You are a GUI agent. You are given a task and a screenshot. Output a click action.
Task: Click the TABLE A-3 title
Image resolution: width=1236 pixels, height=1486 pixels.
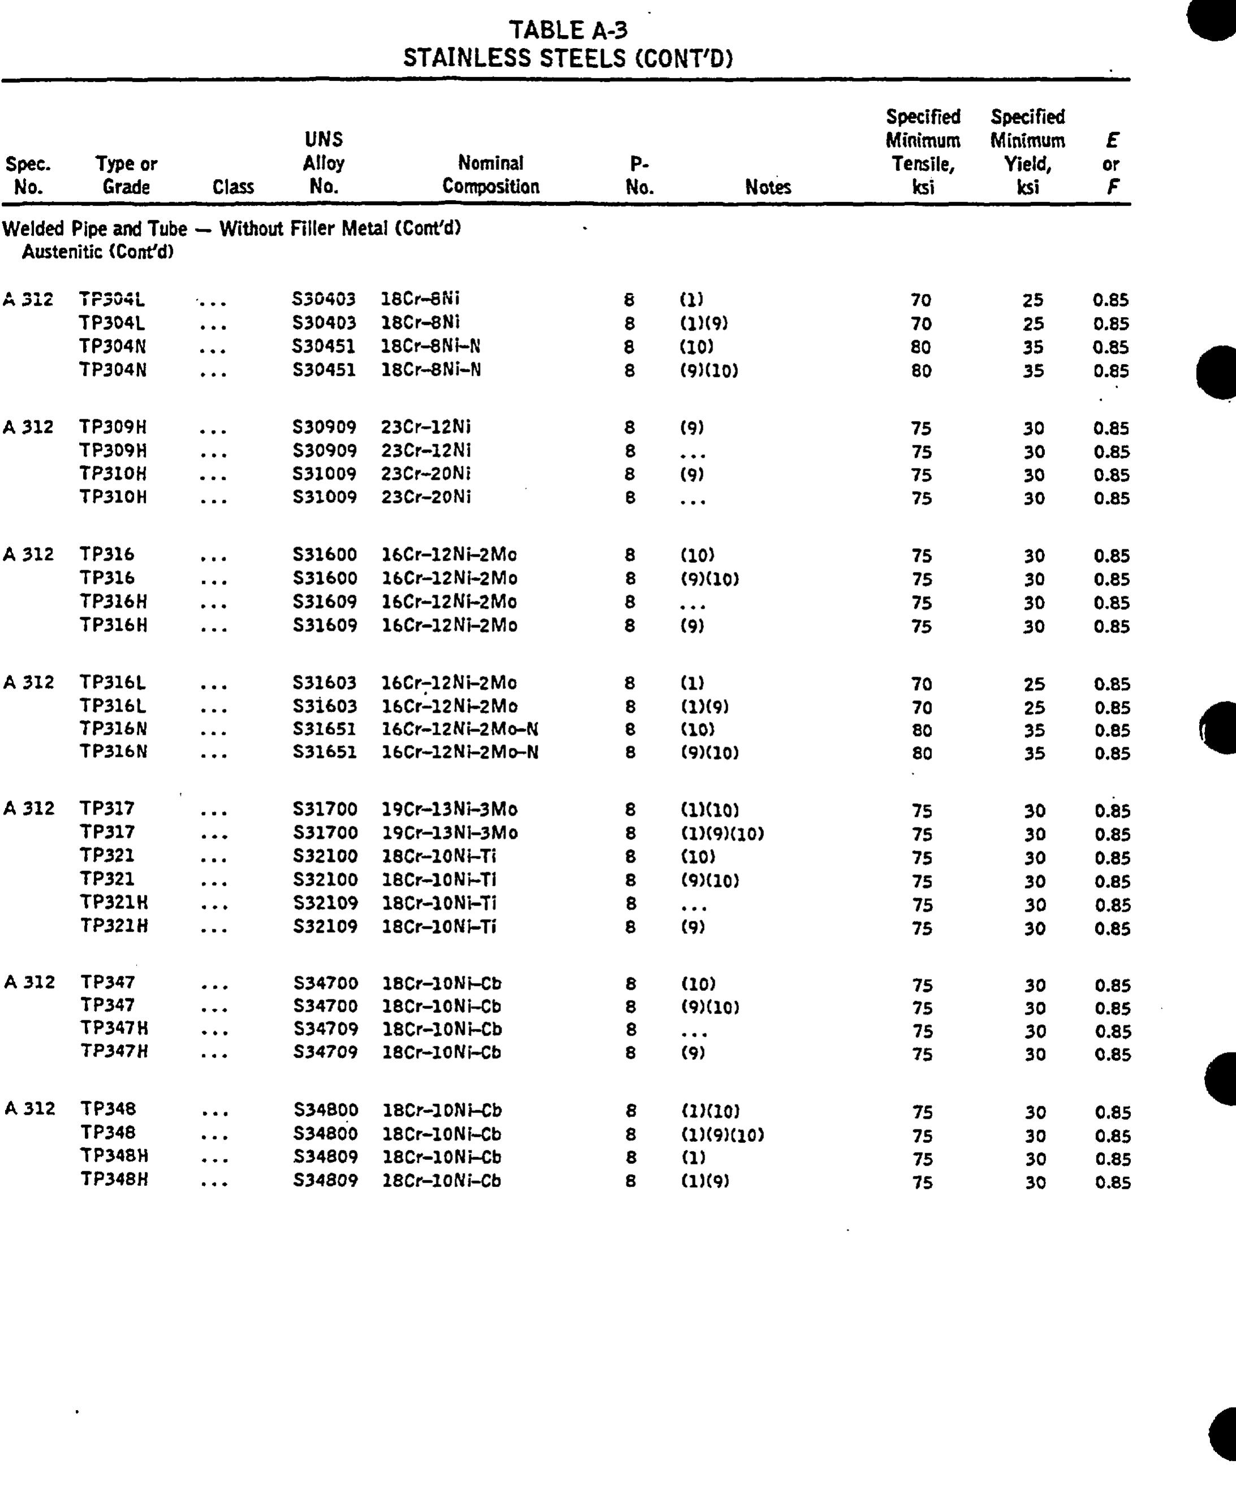coord(568,31)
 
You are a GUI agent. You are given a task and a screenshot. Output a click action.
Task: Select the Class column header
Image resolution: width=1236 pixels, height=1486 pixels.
coord(233,187)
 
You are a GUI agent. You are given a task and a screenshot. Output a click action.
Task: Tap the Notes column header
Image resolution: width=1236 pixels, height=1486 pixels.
coord(768,187)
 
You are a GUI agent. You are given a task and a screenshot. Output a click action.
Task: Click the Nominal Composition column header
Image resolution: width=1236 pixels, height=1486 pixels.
coord(491,175)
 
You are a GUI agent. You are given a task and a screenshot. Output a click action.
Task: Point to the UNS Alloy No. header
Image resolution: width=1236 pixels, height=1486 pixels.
coord(323,163)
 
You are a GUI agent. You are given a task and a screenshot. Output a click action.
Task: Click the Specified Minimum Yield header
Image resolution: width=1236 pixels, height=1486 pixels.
coord(1028,151)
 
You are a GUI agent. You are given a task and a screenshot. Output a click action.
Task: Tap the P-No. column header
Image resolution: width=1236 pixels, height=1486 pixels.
coord(640,175)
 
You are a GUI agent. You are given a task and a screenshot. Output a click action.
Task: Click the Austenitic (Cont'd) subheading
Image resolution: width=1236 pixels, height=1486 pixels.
coord(98,252)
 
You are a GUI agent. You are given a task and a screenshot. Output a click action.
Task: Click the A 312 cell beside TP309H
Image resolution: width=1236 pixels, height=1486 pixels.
coord(28,427)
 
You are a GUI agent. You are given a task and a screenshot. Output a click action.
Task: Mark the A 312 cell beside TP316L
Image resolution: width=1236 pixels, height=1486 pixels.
coord(28,682)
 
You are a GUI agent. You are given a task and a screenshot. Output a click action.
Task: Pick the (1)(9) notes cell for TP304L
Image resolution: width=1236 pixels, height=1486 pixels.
coord(703,323)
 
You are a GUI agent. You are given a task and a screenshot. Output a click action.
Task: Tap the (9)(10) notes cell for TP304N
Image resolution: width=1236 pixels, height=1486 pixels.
coord(708,370)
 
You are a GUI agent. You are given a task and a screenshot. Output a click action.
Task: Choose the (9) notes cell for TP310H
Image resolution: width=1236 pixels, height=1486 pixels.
coord(692,475)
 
